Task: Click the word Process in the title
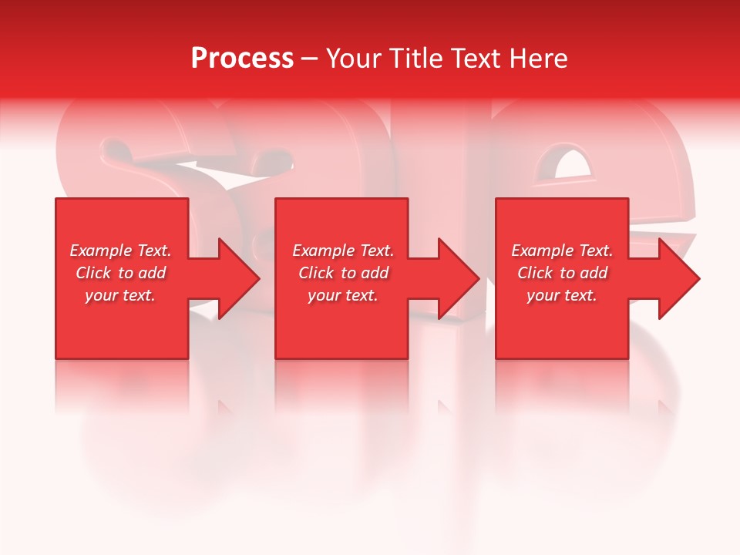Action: click(x=242, y=58)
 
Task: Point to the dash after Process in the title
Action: click(x=310, y=59)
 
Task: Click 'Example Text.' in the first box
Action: click(x=120, y=251)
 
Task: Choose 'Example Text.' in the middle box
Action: click(x=343, y=251)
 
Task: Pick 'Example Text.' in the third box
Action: click(x=562, y=251)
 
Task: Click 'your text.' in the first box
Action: click(x=120, y=295)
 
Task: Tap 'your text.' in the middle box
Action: click(x=343, y=295)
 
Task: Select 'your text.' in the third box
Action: click(x=562, y=295)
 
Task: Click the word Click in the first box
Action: click(x=94, y=273)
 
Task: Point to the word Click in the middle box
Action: click(x=317, y=273)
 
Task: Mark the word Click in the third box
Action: click(x=536, y=273)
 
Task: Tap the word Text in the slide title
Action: click(x=476, y=58)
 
